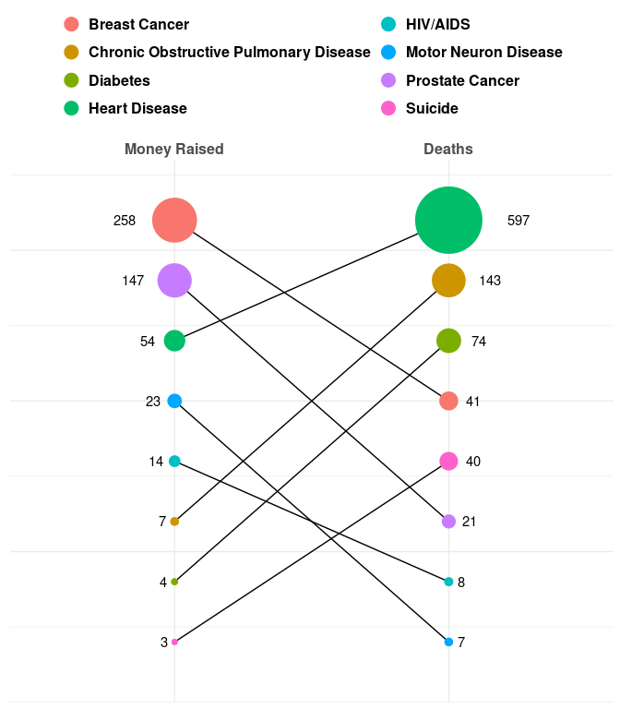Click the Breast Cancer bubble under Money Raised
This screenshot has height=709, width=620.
click(x=174, y=221)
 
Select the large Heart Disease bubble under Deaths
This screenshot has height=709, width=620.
click(x=448, y=221)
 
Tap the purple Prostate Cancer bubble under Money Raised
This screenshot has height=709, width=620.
click(x=174, y=280)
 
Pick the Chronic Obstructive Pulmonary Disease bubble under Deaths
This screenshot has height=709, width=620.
click(x=448, y=280)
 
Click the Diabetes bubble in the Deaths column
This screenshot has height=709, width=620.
click(x=448, y=341)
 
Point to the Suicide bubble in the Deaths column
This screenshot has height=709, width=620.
click(x=448, y=461)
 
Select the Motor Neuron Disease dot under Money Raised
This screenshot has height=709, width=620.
click(x=174, y=401)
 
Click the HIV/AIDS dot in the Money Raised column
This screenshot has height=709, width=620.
click(x=174, y=461)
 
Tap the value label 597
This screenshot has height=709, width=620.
click(x=519, y=221)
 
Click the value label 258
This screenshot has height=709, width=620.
click(x=125, y=221)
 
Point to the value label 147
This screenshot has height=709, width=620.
click(x=133, y=281)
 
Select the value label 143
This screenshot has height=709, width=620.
click(x=490, y=281)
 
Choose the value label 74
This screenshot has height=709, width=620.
click(x=479, y=342)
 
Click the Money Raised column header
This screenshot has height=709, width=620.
click(x=174, y=149)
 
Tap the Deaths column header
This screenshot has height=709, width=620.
click(x=448, y=149)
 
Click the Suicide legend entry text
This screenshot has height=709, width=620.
click(x=432, y=109)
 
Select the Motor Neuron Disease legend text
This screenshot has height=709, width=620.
click(x=483, y=53)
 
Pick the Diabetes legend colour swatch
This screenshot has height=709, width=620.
click(x=71, y=80)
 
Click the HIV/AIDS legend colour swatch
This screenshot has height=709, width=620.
click(x=388, y=25)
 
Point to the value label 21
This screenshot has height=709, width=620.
click(x=469, y=522)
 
